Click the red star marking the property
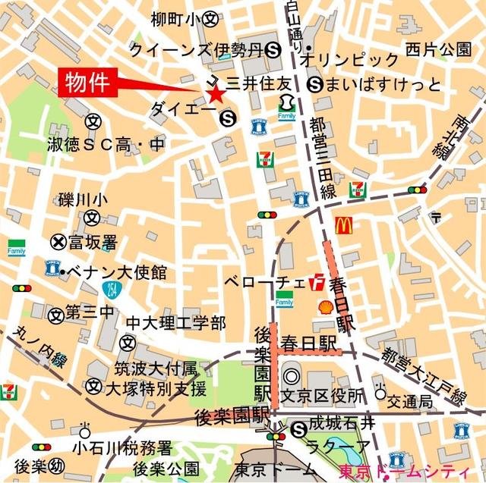(x=216, y=95)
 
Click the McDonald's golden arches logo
(x=342, y=224)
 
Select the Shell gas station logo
(x=325, y=307)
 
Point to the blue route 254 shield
(x=111, y=289)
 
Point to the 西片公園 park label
(x=438, y=50)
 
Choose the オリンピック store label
(x=350, y=60)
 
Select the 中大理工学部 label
(x=175, y=324)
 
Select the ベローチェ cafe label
(x=265, y=282)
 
